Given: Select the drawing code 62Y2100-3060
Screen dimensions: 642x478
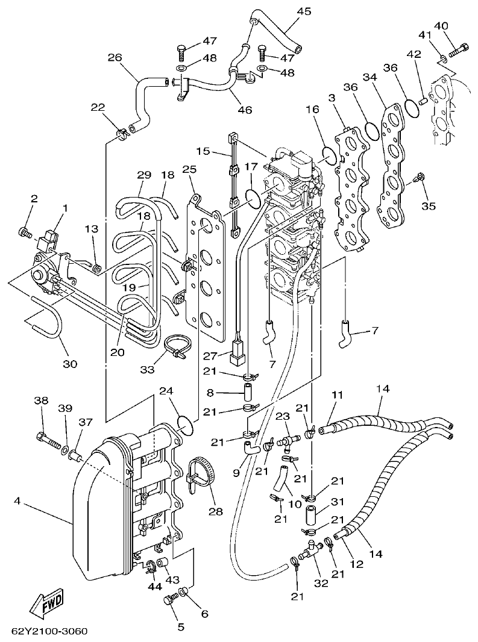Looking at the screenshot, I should pos(49,631).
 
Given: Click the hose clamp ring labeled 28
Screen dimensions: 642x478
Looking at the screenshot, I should pos(201,474).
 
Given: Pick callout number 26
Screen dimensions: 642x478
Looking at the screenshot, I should pos(115,58).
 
